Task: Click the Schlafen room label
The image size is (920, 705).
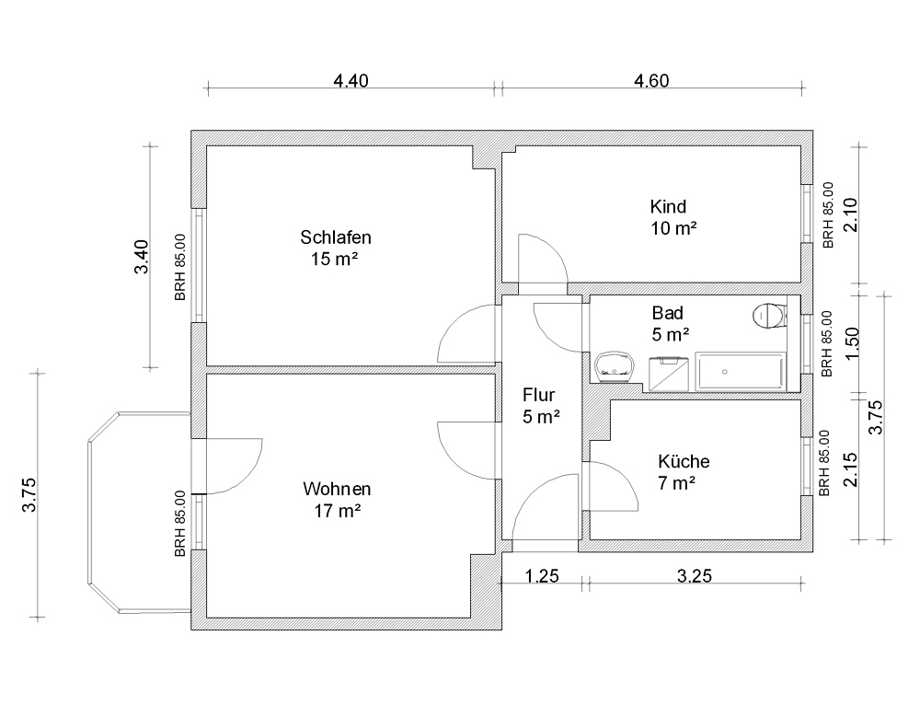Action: point(336,237)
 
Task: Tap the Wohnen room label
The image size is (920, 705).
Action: point(337,489)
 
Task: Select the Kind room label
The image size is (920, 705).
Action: point(668,207)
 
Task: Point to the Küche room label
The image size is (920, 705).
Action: point(684,461)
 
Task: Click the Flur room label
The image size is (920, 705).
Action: point(538,395)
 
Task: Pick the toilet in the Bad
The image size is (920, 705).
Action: point(769,316)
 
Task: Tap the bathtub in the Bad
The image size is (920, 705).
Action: point(741,372)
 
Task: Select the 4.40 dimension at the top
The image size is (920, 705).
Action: point(351,80)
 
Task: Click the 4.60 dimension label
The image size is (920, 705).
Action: point(651,80)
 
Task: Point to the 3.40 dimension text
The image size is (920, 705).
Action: point(142,257)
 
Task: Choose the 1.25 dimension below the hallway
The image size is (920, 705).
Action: point(542,576)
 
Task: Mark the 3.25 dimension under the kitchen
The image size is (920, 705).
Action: point(695,576)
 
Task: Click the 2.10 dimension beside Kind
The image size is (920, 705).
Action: point(850,214)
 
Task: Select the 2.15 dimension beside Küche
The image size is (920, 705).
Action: point(850,469)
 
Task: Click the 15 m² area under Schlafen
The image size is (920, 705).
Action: point(335,259)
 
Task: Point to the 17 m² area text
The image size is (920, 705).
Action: point(337,511)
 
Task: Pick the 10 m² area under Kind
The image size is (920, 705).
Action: point(673,228)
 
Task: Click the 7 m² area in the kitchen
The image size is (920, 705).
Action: point(676,483)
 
